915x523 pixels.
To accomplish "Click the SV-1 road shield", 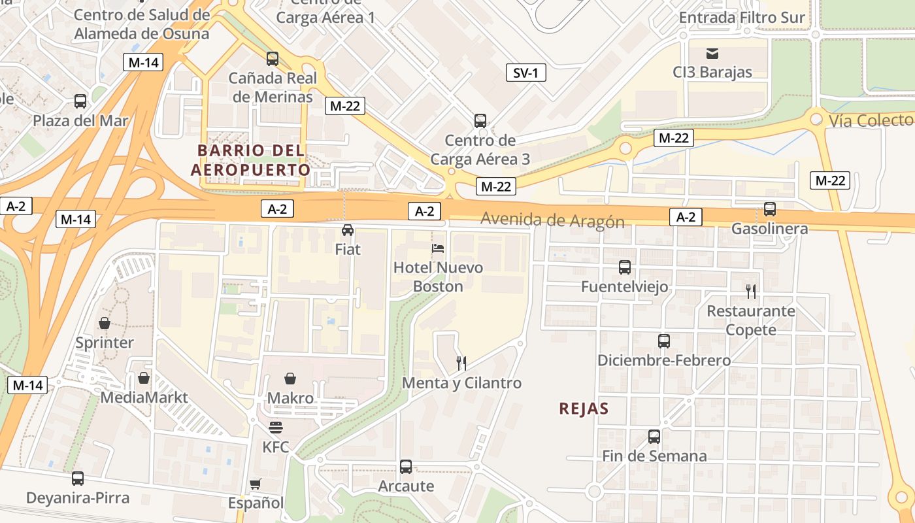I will [525, 73].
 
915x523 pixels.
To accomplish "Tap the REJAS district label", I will [584, 409].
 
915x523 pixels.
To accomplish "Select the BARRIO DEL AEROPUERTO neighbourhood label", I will [251, 160].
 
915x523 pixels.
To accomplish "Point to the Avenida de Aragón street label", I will [552, 220].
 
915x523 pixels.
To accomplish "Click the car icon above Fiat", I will [348, 230].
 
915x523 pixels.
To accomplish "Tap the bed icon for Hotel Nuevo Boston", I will [438, 248].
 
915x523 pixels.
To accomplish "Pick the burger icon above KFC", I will [276, 428].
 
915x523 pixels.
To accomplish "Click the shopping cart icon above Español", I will [256, 484].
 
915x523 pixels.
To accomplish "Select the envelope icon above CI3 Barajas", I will [712, 53].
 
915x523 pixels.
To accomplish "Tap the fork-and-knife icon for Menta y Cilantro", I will [461, 363].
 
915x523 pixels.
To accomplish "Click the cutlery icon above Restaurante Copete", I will [751, 292].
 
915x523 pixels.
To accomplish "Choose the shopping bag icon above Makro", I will [290, 379].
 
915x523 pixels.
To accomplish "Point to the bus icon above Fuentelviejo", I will [625, 267].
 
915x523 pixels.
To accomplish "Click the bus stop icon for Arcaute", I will [406, 467].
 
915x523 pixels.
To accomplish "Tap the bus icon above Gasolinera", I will [770, 209].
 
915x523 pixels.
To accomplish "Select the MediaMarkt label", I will [144, 397].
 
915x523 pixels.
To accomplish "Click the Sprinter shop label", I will [105, 343].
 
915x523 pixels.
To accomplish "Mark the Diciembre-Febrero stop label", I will [664, 360].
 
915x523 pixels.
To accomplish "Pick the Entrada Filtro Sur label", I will [742, 18].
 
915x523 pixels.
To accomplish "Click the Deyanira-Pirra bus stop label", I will [78, 498].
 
